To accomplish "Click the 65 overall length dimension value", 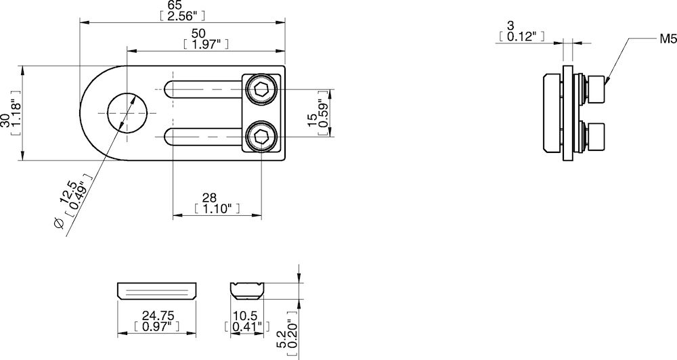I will click(183, 5).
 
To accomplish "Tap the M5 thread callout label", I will click(668, 41).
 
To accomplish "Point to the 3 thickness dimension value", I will click(521, 25).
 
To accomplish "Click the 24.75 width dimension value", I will click(157, 315).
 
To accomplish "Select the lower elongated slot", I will click(203, 137).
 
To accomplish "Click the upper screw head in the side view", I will click(596, 89).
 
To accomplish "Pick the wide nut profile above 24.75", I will click(157, 291).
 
